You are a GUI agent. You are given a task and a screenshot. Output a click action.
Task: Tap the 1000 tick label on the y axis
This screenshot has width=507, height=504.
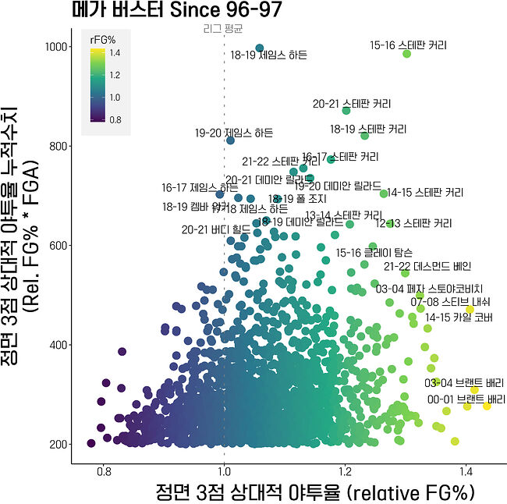tap(54, 47)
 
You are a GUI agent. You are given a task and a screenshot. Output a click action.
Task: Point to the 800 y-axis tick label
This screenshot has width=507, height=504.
tap(56, 146)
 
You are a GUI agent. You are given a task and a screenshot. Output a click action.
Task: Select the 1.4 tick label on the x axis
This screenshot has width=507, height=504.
tap(466, 471)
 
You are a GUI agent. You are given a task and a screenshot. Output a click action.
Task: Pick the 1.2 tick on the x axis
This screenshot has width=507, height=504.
tap(345, 471)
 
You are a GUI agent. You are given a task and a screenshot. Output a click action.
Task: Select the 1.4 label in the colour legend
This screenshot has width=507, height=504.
tap(115, 53)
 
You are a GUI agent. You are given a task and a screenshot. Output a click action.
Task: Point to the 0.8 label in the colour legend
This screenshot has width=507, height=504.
tap(115, 119)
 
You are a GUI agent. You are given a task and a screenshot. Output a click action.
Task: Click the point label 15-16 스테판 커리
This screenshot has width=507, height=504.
tap(409, 46)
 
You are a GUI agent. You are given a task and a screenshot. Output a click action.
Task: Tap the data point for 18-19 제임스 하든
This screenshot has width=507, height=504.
tap(260, 48)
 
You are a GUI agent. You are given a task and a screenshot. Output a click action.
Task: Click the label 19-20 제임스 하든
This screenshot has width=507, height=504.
tap(234, 133)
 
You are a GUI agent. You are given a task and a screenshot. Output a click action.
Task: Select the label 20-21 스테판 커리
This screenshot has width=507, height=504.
tap(352, 104)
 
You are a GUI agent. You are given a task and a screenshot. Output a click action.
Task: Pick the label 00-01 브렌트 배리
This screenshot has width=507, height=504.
tap(466, 399)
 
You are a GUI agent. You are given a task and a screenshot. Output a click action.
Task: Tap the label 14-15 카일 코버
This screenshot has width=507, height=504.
tap(459, 317)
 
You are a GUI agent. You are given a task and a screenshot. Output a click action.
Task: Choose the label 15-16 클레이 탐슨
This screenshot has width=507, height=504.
tap(374, 253)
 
